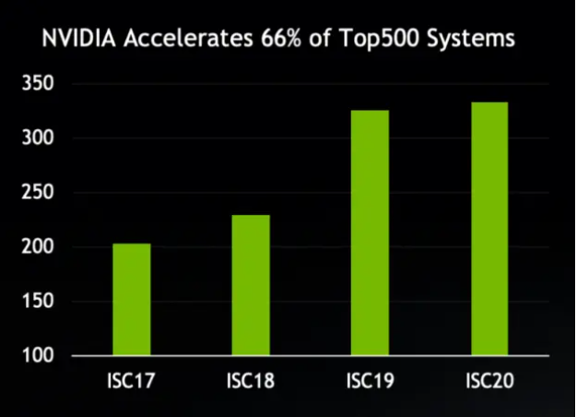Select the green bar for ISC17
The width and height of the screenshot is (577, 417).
(x=132, y=299)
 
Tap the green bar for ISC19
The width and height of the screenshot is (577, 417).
(x=370, y=232)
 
